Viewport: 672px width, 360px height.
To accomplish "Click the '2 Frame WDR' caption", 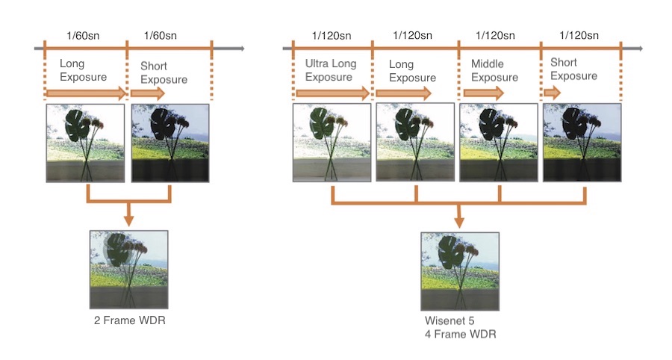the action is click(x=129, y=320).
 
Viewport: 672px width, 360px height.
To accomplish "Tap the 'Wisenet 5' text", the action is click(x=449, y=320).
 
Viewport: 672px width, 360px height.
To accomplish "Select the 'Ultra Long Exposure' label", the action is click(x=331, y=70).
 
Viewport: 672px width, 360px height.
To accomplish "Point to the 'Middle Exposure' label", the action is click(x=494, y=71).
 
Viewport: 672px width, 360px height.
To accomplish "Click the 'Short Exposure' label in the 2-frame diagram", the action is click(x=164, y=73).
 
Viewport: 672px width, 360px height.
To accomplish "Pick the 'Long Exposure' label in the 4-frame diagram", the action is click(x=412, y=71).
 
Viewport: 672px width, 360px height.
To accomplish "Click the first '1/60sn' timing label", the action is click(x=83, y=36).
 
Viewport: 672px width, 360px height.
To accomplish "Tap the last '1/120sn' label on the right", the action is click(x=579, y=36).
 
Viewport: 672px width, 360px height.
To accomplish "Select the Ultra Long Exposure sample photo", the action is click(x=332, y=143).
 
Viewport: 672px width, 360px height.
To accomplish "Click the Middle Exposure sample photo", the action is click(x=499, y=143).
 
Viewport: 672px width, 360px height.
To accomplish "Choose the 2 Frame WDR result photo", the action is click(x=129, y=270).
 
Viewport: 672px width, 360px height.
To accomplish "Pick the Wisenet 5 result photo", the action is click(x=460, y=271).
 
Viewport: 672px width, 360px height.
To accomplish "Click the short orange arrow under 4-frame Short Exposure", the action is click(x=552, y=93).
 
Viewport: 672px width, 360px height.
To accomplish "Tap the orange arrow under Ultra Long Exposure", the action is click(x=332, y=93).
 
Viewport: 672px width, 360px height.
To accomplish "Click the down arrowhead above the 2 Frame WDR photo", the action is click(x=128, y=220).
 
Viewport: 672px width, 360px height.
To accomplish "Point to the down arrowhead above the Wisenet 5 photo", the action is click(x=459, y=222).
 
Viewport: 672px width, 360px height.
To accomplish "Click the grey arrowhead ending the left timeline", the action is click(x=242, y=49).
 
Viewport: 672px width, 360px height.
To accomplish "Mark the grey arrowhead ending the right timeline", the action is click(x=641, y=49).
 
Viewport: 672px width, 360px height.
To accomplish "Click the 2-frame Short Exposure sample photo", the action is click(x=170, y=143).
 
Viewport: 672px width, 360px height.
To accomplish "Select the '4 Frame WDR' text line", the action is click(x=460, y=335).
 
